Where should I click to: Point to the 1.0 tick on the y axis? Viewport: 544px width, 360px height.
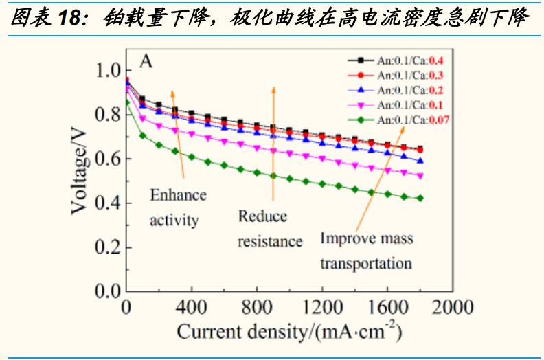click(x=107, y=71)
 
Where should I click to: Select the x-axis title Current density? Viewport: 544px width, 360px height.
click(x=289, y=332)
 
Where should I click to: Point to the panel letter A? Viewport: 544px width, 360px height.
click(x=146, y=61)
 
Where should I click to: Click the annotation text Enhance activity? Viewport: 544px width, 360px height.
click(x=178, y=207)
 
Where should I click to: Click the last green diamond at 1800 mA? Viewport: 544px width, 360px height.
click(x=420, y=198)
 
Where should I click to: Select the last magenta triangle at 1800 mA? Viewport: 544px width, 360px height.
click(x=420, y=176)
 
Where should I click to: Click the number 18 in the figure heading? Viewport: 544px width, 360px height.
click(x=69, y=19)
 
